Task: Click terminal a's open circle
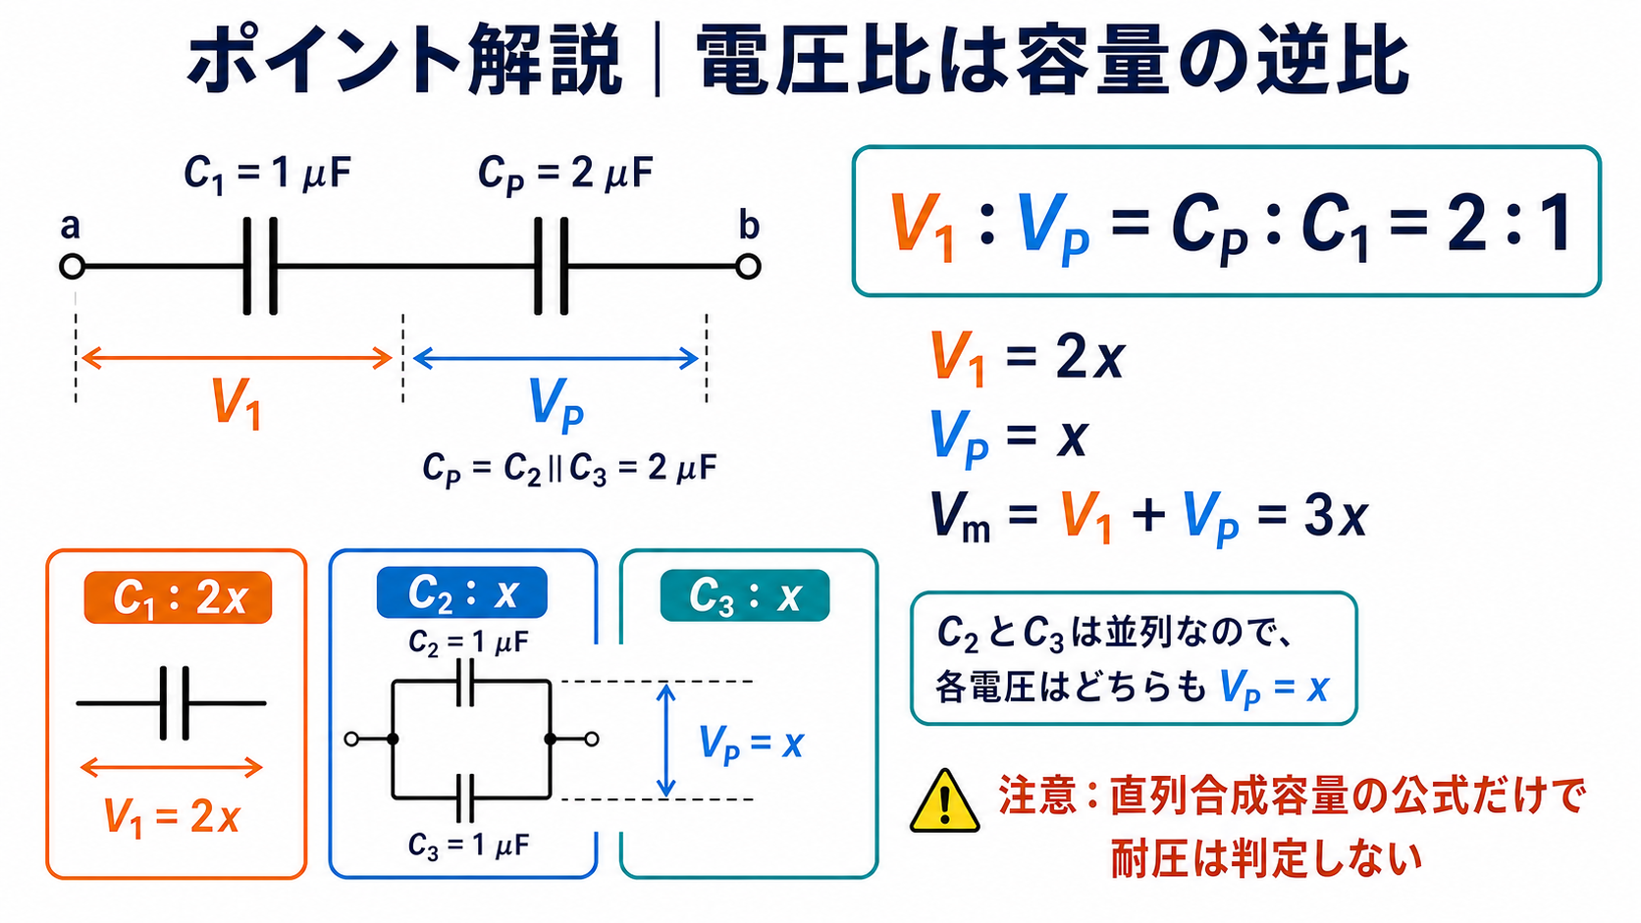(73, 267)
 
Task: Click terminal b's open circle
(748, 267)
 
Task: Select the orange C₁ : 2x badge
(178, 597)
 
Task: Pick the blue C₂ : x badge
(461, 592)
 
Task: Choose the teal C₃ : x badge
(745, 595)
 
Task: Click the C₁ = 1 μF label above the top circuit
(267, 175)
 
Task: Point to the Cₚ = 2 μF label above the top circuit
(564, 175)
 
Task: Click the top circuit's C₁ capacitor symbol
(260, 267)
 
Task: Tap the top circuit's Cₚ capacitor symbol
(551, 267)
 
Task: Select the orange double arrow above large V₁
(237, 359)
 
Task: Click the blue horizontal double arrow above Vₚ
(556, 359)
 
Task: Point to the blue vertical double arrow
(665, 740)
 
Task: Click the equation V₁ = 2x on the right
(1027, 356)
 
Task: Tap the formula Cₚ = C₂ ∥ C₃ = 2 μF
(569, 469)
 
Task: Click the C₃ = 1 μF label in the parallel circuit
(468, 846)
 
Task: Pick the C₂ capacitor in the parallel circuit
(465, 682)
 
